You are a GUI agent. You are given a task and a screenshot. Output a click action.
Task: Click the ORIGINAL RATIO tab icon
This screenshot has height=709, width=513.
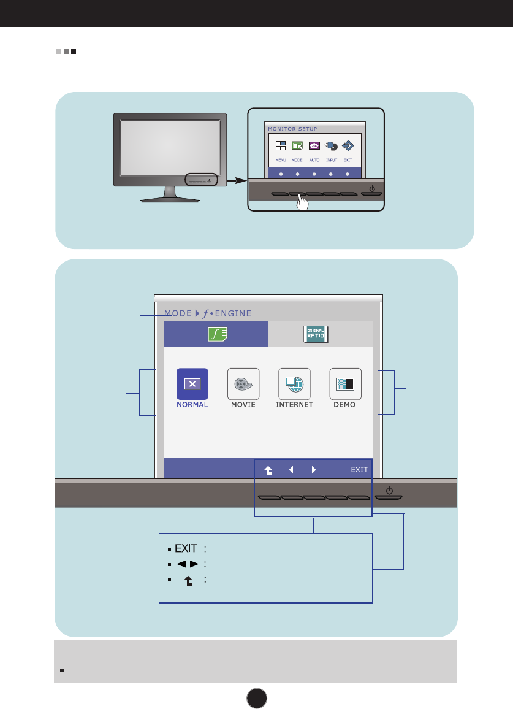pyautogui.click(x=316, y=334)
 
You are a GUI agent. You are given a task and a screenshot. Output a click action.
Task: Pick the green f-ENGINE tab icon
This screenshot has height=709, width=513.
pyautogui.click(x=216, y=334)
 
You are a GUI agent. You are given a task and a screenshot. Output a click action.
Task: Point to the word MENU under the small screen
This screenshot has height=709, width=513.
pyautogui.click(x=281, y=160)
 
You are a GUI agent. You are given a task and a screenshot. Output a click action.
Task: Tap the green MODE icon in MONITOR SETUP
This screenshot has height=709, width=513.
pyautogui.click(x=297, y=146)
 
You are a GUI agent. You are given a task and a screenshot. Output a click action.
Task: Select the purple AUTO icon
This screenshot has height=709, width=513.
pyautogui.click(x=314, y=146)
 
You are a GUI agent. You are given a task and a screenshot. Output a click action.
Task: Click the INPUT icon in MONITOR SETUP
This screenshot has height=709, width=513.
pyautogui.click(x=331, y=146)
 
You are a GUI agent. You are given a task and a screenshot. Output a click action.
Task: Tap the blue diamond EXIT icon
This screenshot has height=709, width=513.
pyautogui.click(x=348, y=146)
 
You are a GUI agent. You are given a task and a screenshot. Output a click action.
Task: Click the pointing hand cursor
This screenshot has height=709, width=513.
pyautogui.click(x=300, y=202)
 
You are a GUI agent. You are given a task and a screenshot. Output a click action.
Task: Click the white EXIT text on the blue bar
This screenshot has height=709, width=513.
pyautogui.click(x=359, y=470)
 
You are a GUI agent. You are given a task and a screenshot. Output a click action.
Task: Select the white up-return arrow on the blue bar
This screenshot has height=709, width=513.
pyautogui.click(x=268, y=470)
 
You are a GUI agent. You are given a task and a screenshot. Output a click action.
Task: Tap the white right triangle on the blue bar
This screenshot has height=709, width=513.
pyautogui.click(x=314, y=470)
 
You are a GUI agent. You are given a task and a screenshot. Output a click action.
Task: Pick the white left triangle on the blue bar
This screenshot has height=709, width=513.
pyautogui.click(x=291, y=470)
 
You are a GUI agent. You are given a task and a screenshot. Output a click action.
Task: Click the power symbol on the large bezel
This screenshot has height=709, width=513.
pyautogui.click(x=390, y=490)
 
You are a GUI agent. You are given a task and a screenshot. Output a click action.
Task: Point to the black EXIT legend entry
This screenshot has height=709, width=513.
pyautogui.click(x=186, y=548)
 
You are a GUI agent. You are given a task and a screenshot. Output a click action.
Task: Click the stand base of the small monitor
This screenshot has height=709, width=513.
pyautogui.click(x=170, y=199)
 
